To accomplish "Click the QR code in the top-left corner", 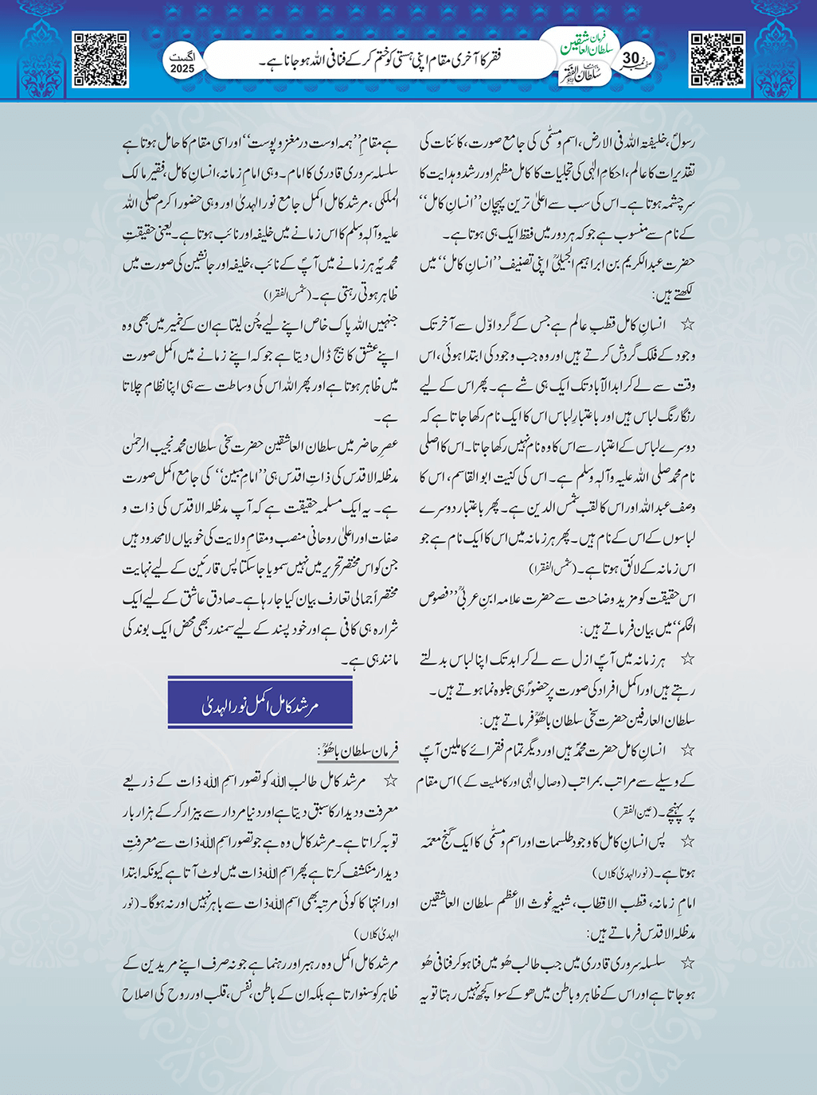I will (x=100, y=59).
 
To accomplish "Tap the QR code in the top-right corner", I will (x=717, y=59).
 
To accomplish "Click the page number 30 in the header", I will (x=631, y=59).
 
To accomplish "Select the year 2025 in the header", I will (x=182, y=69).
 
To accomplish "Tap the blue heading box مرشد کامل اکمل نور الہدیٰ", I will (x=260, y=703).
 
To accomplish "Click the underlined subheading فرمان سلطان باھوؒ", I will (x=358, y=750).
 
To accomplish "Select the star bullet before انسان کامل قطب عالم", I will (x=686, y=325).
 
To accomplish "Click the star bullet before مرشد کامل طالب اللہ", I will (x=390, y=781).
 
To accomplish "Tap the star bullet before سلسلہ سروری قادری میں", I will (x=687, y=963).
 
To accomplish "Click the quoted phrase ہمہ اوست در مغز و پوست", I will (x=310, y=145).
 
